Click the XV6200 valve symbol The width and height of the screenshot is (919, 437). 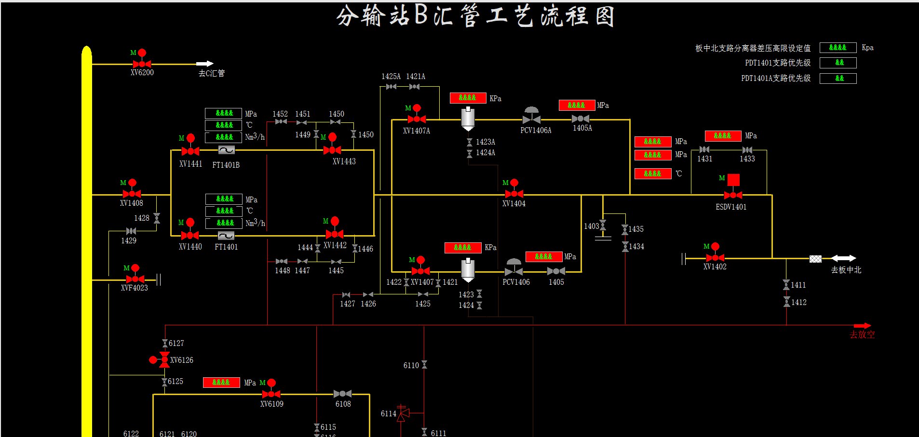coord(142,64)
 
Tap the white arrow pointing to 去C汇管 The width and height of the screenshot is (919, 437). coord(205,64)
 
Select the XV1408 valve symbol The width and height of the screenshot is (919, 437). coord(132,194)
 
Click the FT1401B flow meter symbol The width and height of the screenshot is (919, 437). coord(226,150)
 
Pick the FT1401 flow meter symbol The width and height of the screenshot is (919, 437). coord(226,236)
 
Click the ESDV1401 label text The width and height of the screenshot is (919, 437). coord(731,207)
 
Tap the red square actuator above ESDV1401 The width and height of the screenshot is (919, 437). coord(733,180)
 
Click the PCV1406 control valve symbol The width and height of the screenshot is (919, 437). coord(514,270)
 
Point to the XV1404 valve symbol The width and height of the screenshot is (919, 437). coord(514,194)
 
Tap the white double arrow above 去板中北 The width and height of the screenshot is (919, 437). coord(843,259)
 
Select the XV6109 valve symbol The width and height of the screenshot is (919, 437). coord(271,394)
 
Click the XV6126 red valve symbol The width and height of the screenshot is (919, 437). coord(164,360)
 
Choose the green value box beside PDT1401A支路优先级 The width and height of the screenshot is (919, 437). coord(838,79)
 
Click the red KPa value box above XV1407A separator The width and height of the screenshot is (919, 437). coord(468,98)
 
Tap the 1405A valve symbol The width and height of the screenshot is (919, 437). coord(580,119)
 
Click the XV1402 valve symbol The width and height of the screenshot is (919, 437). coord(715,258)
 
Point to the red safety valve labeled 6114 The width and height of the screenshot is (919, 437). coord(403,413)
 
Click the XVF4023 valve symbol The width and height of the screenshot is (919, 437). coord(135,279)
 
